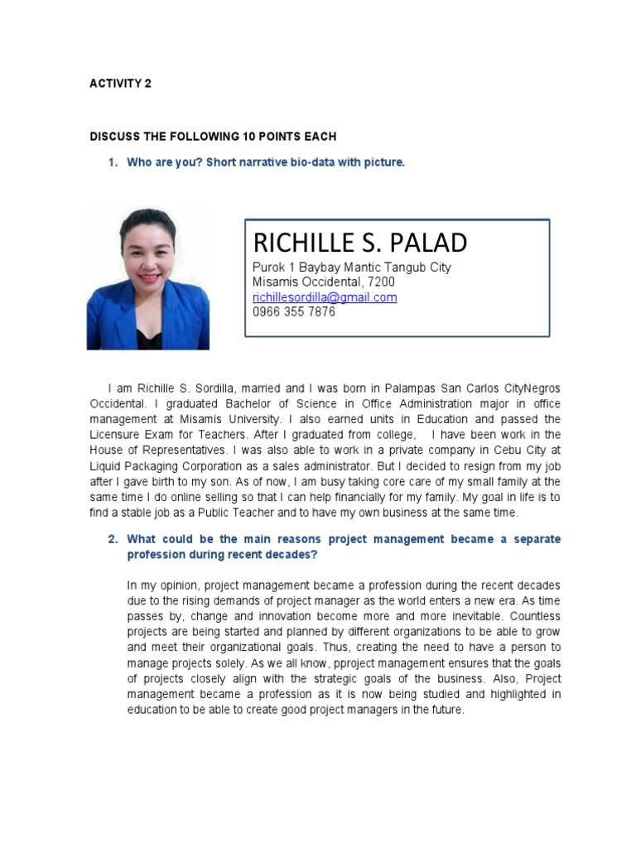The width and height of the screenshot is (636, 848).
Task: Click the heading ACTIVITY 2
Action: click(x=120, y=84)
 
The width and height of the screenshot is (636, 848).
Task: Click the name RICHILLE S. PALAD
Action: click(x=359, y=243)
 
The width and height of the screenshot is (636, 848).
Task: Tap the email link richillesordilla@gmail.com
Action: click(x=325, y=297)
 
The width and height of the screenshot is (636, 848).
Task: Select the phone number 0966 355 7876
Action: click(x=294, y=312)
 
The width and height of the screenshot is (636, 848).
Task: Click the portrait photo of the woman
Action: click(x=148, y=278)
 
